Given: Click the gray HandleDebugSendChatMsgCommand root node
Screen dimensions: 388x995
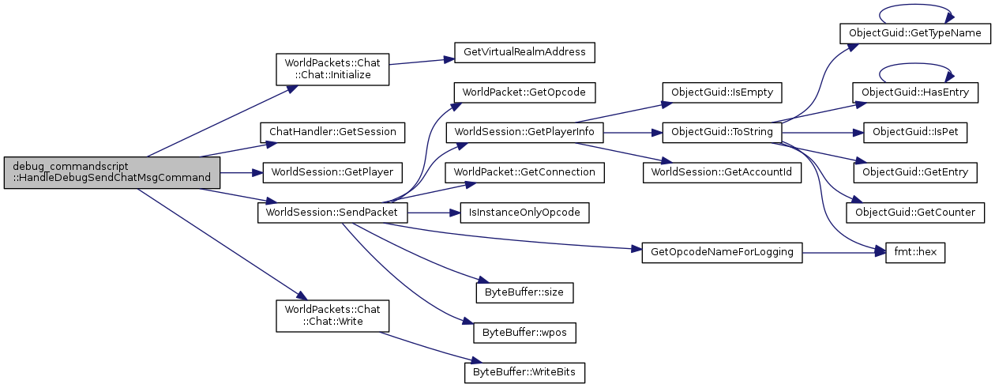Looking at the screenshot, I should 111,171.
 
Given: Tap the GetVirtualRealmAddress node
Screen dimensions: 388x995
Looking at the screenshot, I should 524,53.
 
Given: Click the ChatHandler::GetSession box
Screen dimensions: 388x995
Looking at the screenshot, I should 333,131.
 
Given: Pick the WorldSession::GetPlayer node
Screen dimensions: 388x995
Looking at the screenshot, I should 332,171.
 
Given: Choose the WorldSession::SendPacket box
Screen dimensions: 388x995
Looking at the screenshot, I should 332,213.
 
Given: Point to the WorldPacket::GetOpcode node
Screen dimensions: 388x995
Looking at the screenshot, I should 524,92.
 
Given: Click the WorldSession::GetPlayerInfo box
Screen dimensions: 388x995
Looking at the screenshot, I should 524,131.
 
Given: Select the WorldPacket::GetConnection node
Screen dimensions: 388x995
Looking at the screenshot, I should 524,171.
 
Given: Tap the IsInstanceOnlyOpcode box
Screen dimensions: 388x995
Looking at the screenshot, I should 524,213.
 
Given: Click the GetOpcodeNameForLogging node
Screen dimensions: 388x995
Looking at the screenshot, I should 722,253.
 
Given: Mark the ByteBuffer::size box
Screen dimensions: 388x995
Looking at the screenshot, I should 524,292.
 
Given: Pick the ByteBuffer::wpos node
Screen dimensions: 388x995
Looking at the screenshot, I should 524,332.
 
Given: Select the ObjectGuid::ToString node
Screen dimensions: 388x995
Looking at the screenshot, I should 722,131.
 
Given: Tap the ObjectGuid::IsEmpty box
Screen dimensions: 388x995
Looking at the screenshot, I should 722,92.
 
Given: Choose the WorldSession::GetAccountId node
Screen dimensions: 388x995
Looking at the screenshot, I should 722,171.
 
